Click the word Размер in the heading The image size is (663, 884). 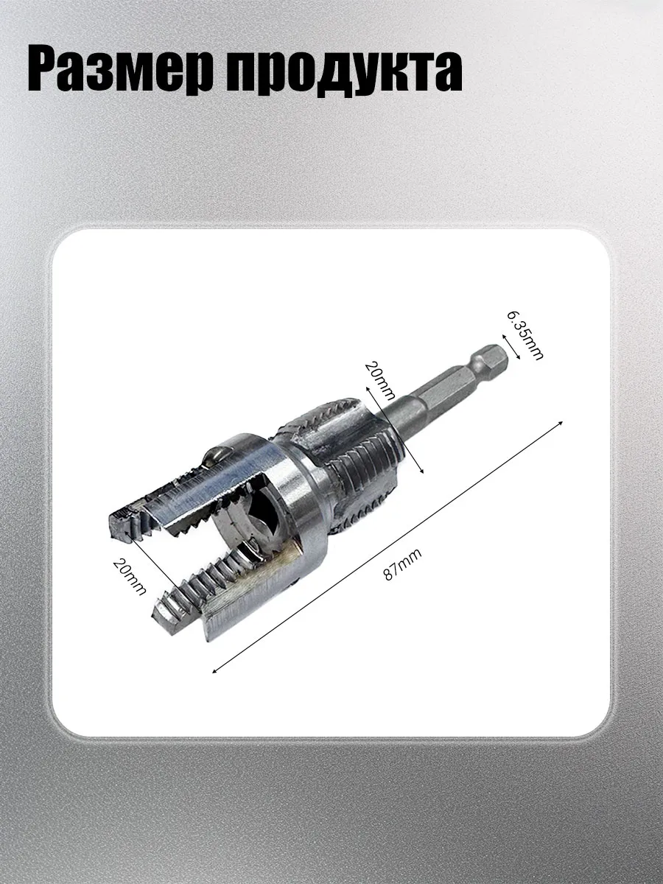(121, 71)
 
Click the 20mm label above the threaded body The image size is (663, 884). (379, 380)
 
